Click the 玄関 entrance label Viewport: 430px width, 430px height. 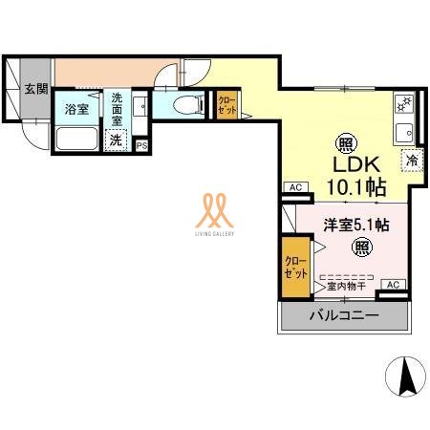[x=36, y=90]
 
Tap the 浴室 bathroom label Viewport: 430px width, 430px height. [x=75, y=109]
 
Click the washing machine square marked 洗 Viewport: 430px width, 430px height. [x=116, y=140]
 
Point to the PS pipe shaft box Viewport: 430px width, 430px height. [x=141, y=145]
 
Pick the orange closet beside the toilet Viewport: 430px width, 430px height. [x=228, y=104]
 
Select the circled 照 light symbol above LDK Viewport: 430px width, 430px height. [x=343, y=139]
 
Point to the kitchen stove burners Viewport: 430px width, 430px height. [x=402, y=102]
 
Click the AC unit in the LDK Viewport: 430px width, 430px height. [x=294, y=187]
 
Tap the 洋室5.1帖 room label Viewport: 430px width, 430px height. [x=355, y=226]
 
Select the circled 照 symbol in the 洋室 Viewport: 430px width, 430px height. [x=361, y=248]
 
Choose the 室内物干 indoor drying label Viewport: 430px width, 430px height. [x=348, y=285]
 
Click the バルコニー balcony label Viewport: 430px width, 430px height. [x=342, y=314]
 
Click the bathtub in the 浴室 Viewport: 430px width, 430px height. [x=75, y=138]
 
